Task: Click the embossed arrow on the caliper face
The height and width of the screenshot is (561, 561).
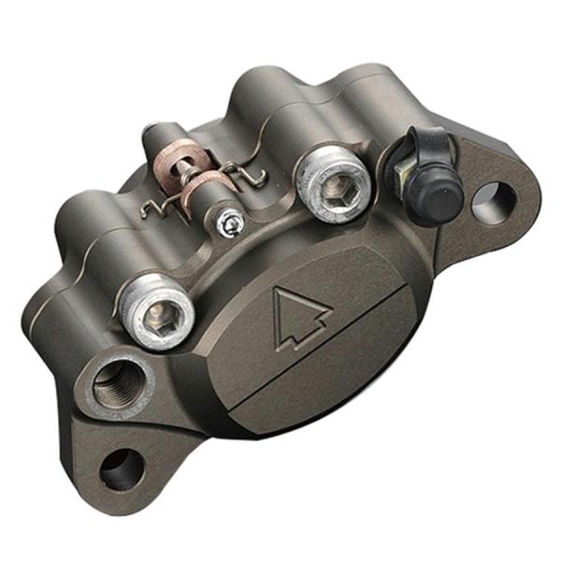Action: coord(302,319)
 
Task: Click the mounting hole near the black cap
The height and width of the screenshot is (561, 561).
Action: coord(494,202)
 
